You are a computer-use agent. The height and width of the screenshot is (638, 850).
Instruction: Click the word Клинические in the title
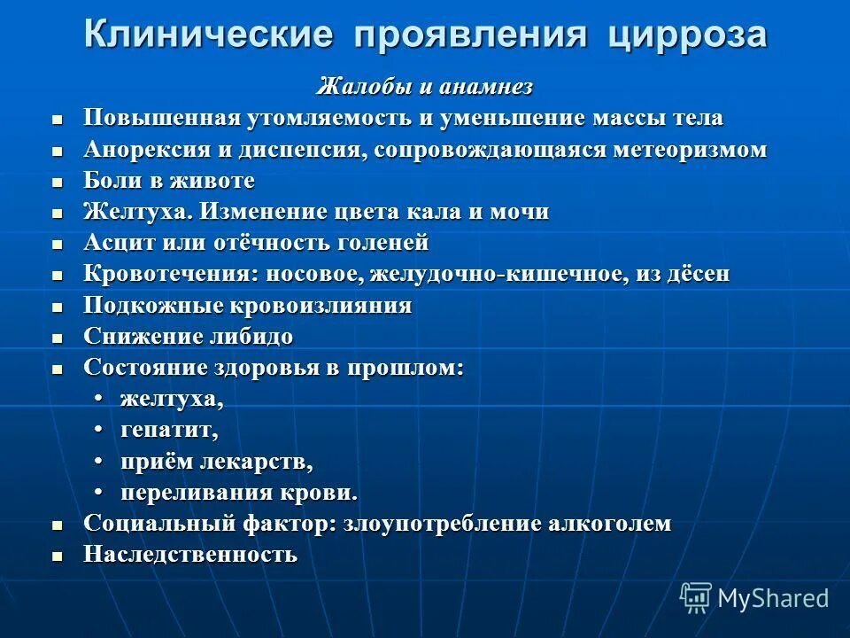[209, 36]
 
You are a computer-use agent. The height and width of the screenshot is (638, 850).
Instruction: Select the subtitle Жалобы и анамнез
[425, 87]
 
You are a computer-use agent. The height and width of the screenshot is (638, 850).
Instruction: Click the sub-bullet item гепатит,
[169, 431]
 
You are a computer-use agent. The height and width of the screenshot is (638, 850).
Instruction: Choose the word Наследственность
[190, 556]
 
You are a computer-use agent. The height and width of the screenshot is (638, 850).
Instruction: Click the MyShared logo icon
[695, 597]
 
